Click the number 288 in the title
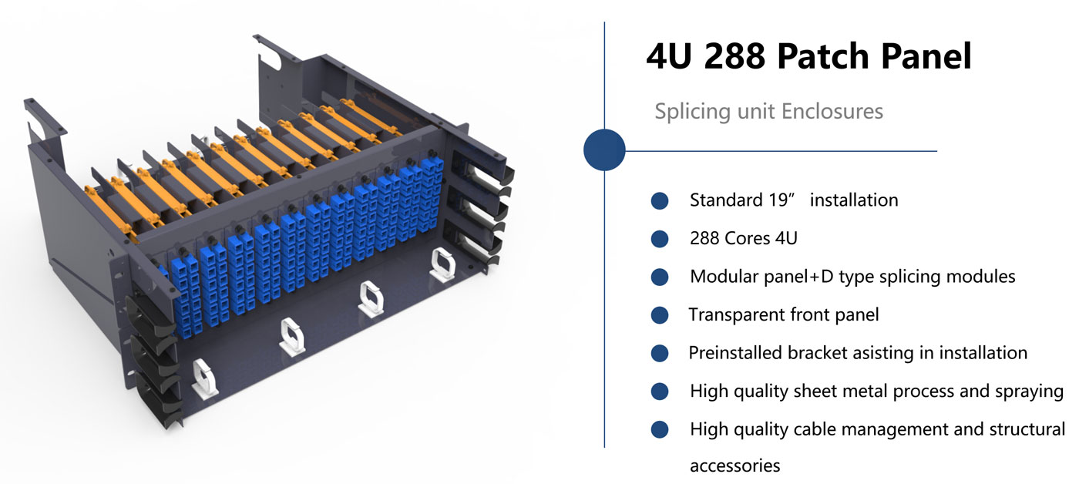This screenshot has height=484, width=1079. (x=734, y=56)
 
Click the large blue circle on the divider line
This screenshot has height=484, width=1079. (x=604, y=150)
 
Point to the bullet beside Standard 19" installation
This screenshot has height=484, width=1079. (x=660, y=201)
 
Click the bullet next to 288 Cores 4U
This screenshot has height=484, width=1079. (x=660, y=239)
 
